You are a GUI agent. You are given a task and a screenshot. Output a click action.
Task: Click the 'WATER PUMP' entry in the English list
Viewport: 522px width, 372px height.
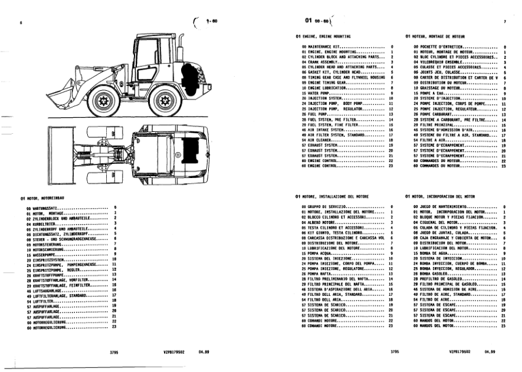pos(317,93)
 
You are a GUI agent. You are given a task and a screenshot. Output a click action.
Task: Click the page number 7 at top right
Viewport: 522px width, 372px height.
pos(504,21)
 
